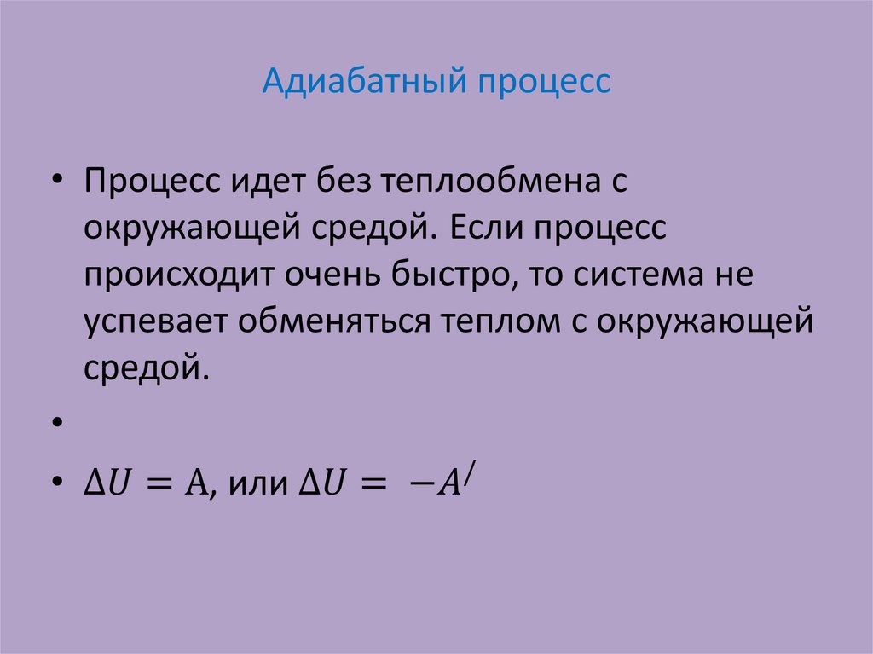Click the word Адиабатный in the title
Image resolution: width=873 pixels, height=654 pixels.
(x=361, y=84)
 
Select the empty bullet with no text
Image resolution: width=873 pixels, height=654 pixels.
(x=56, y=423)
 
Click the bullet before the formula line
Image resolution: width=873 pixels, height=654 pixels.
(x=56, y=483)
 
